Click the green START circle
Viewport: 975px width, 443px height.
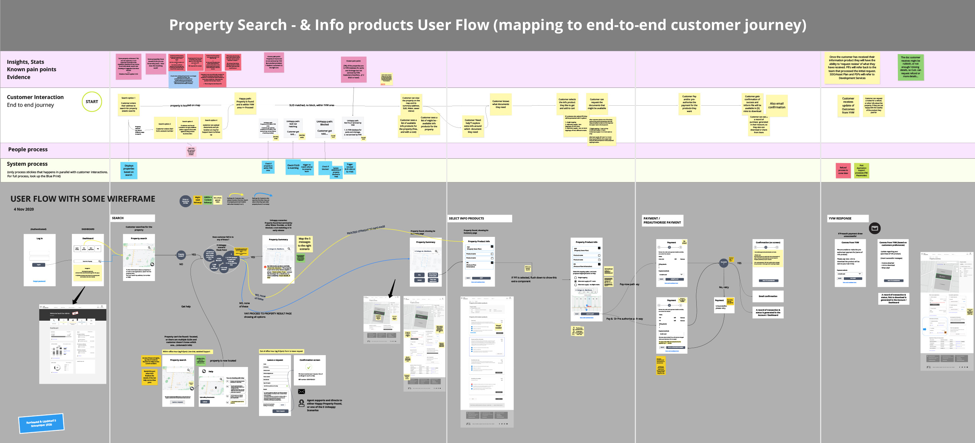(x=92, y=102)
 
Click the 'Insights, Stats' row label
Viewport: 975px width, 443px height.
(x=25, y=62)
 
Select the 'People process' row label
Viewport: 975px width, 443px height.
(x=28, y=149)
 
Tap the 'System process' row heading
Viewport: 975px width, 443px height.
(x=27, y=164)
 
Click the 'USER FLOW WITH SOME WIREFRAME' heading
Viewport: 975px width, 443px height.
(x=83, y=199)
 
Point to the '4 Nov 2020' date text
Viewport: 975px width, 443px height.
(x=24, y=209)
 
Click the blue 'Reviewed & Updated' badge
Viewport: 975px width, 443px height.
(x=41, y=423)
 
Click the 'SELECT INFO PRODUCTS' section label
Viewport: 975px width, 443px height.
(x=480, y=218)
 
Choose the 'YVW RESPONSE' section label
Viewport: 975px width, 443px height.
(x=848, y=218)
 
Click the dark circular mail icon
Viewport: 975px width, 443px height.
(x=875, y=228)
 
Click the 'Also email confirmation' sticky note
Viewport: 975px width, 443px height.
(x=777, y=106)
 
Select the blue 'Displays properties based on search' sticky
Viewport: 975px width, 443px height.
(x=129, y=171)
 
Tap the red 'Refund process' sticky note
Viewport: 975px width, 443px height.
(x=843, y=171)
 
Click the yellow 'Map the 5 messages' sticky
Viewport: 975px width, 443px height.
(x=304, y=244)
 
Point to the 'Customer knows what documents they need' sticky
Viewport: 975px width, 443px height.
(x=500, y=104)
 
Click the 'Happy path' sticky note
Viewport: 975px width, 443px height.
(x=245, y=103)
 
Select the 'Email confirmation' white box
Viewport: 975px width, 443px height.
(x=767, y=297)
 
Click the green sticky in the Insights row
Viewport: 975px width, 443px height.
(x=911, y=67)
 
